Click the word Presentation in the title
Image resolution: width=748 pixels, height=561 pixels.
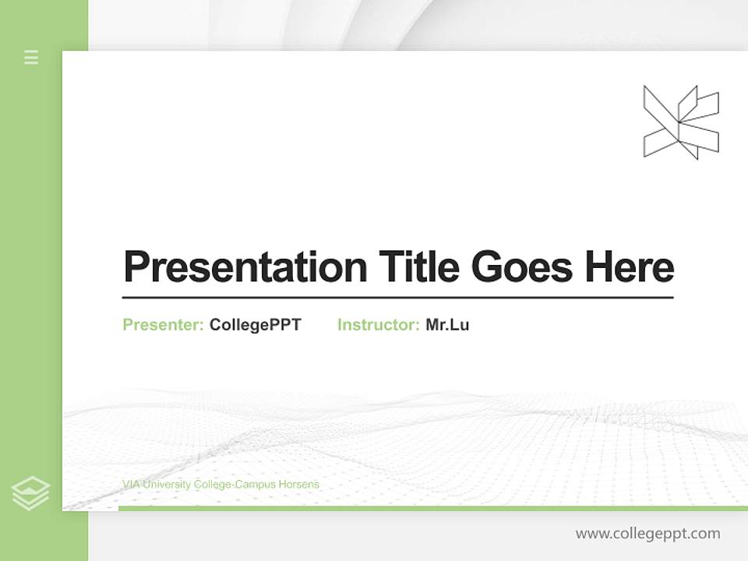tap(245, 267)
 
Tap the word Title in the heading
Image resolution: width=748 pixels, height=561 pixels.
tap(418, 267)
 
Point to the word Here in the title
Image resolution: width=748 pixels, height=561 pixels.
tap(630, 267)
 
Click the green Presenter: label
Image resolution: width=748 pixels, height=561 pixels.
tap(164, 325)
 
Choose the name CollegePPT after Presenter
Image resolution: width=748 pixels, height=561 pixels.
tap(255, 325)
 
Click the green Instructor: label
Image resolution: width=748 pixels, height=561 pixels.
tap(379, 325)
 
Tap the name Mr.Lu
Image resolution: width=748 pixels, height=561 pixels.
tap(447, 325)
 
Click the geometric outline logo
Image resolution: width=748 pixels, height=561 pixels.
tap(681, 122)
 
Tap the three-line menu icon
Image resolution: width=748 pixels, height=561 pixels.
tap(31, 57)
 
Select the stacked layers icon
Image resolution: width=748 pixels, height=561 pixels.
tap(30, 493)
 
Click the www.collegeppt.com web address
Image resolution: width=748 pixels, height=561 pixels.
tap(647, 534)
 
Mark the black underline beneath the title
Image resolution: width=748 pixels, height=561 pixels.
tap(397, 298)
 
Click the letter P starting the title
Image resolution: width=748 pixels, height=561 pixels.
tap(136, 267)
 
